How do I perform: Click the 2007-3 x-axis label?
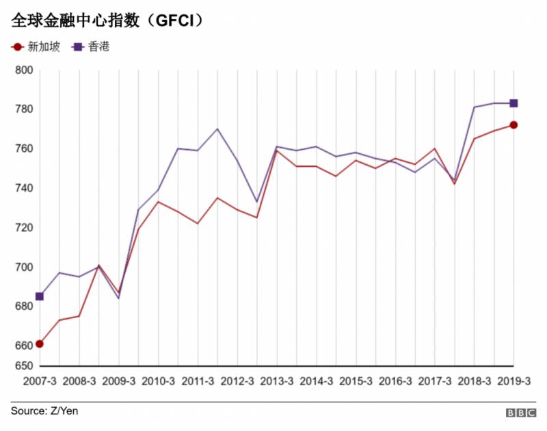coord(40,381)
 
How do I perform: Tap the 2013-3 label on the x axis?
coord(277,381)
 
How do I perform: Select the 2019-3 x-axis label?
coord(513,381)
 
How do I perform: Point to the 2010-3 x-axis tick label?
coord(159,381)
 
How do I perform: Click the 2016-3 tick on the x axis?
coord(395,381)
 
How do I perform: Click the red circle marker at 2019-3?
coord(513,125)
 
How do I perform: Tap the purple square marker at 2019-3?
coord(513,103)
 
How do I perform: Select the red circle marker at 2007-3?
coord(40,344)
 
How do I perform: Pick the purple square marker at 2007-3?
coord(40,296)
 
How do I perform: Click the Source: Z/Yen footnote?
coord(40,411)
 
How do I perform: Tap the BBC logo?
coord(520,413)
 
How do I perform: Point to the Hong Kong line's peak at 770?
coord(217,129)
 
